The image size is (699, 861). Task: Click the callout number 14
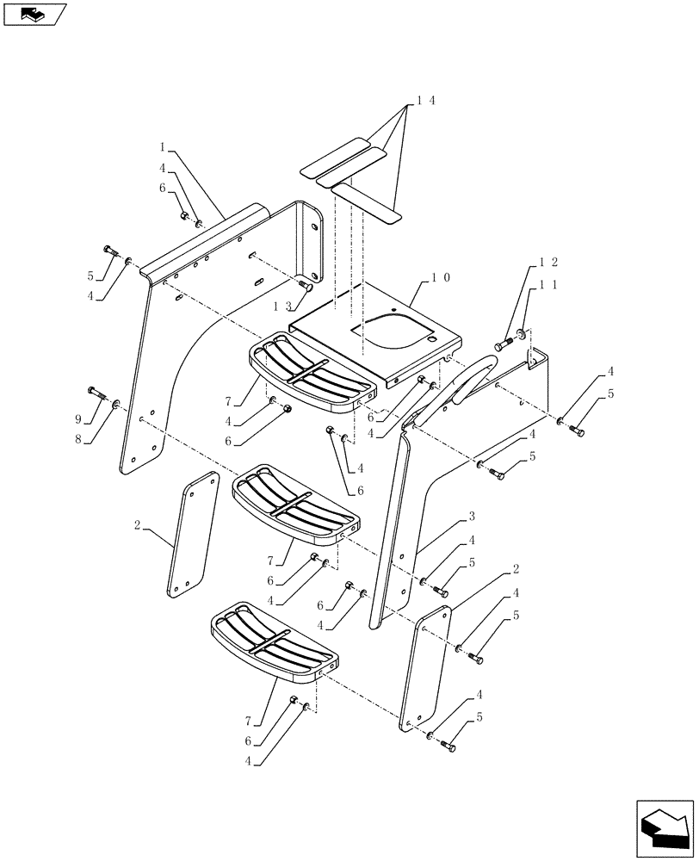425,101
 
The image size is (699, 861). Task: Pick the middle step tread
297,504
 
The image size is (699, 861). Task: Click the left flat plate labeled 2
189,534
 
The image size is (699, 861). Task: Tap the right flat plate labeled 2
425,667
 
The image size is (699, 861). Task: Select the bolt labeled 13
304,288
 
